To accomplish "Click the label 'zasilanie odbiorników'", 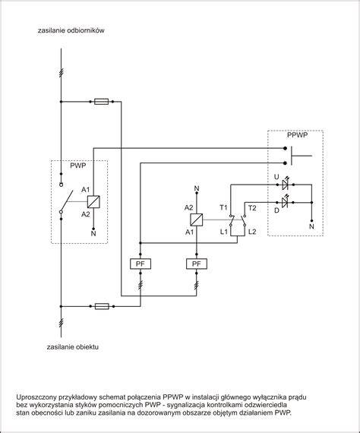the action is point(71,30).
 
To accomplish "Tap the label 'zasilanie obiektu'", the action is point(73,347).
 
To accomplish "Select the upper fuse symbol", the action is point(102,102).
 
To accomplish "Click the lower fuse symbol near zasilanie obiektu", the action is point(102,306).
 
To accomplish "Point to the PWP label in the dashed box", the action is point(78,166).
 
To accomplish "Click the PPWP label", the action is point(297,135).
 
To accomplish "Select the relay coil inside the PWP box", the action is point(93,201).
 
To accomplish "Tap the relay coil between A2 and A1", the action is point(197,220).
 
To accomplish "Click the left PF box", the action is point(141,264).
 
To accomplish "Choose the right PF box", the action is point(197,264).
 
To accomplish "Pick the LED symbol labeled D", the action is point(285,201).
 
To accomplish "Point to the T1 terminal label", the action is point(223,207).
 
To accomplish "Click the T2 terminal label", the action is point(252,208).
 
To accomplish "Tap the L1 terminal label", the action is point(224,232).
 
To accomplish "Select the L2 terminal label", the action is point(252,232).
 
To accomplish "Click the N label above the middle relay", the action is point(197,188).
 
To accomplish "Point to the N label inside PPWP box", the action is point(311,226).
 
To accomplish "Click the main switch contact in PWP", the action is point(67,201).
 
